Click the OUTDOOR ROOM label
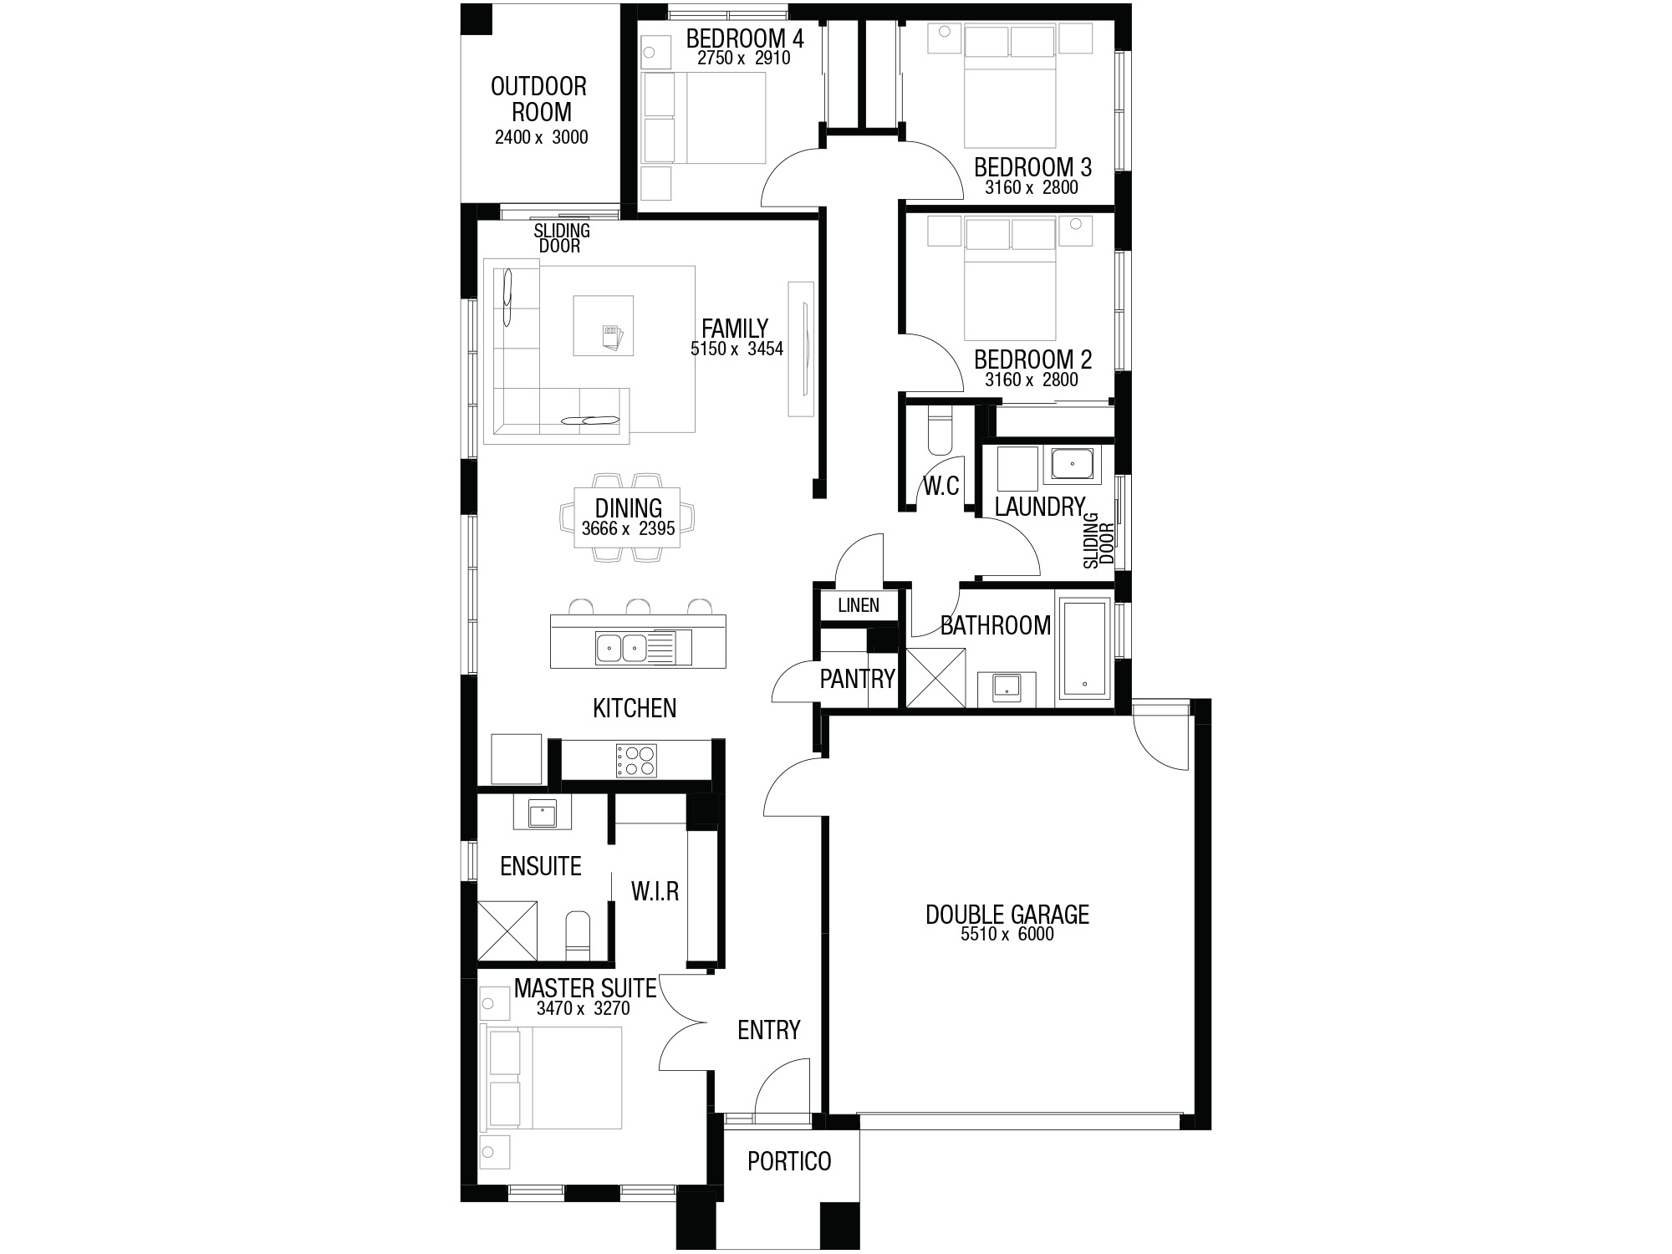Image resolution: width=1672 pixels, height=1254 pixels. click(538, 99)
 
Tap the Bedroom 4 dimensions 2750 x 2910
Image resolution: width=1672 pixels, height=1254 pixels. click(744, 59)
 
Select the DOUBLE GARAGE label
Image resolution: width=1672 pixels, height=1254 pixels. click(1007, 915)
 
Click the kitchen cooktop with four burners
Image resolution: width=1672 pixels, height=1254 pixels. click(636, 760)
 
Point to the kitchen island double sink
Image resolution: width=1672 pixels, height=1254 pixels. click(623, 646)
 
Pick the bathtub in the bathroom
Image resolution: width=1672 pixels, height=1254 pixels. click(1084, 648)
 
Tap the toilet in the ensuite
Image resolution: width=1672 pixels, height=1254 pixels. click(578, 935)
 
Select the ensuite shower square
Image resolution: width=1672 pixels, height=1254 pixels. click(507, 930)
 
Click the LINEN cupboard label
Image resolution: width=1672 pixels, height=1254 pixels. click(859, 605)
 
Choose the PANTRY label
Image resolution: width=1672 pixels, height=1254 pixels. click(858, 679)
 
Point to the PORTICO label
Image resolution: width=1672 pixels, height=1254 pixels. click(789, 1161)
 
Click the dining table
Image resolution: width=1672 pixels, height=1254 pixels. click(628, 517)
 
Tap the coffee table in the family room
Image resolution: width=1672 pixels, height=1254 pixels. click(603, 324)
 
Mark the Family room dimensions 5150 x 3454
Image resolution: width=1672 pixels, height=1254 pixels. click(737, 349)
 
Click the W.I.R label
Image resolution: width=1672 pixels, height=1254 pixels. click(655, 892)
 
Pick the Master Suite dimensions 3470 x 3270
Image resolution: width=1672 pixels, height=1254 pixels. click(584, 1008)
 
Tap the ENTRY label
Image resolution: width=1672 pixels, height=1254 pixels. click(769, 1030)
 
